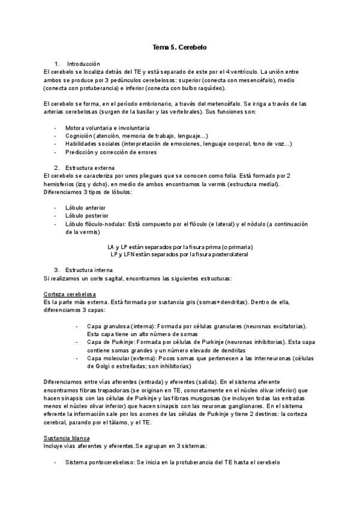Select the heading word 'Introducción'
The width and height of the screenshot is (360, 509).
(83, 64)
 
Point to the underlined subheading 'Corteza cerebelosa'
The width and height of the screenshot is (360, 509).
(68, 295)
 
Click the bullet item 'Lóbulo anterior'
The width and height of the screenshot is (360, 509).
(86, 207)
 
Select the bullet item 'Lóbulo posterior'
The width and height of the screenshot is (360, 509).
(87, 215)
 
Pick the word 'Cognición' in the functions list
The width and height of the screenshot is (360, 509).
(79, 136)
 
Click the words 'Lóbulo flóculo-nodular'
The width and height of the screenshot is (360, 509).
(96, 223)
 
